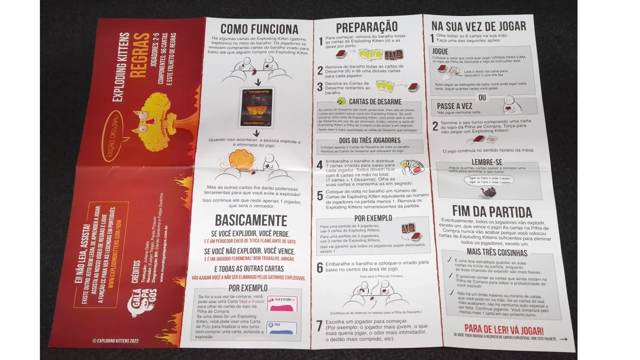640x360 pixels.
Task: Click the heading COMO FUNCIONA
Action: point(259,29)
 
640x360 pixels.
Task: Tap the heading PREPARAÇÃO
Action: point(366,27)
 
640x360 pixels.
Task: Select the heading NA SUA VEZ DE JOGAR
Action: point(478,26)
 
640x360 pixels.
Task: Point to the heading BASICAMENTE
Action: point(251,220)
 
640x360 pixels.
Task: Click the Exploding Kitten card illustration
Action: point(257,107)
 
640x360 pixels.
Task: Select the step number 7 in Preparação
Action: point(319,325)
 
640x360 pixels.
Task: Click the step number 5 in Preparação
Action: point(320,195)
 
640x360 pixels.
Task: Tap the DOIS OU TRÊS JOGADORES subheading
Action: point(369,140)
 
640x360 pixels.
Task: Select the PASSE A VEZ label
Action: point(454,106)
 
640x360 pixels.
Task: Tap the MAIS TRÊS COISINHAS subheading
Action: point(497,252)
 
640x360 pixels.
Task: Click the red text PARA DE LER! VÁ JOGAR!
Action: point(503,330)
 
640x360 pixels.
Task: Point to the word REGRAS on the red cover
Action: point(141,55)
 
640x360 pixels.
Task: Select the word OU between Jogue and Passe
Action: point(482,97)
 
